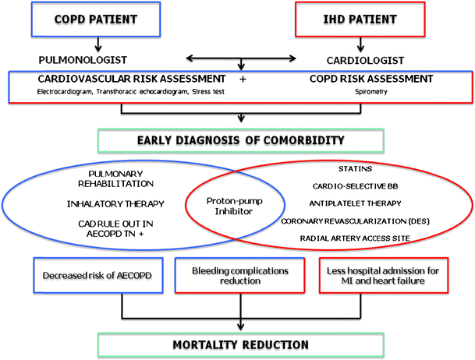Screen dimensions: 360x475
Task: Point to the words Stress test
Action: click(213, 93)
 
